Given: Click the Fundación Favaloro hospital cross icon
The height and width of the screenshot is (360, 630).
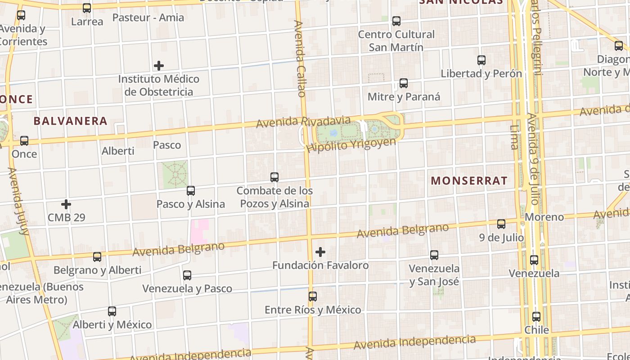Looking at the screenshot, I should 320,252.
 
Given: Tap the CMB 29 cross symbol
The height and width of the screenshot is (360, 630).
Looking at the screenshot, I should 66,204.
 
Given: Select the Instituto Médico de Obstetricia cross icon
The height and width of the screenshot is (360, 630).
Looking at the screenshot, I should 159,66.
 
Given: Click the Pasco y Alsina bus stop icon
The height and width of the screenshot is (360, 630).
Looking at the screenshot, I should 191,191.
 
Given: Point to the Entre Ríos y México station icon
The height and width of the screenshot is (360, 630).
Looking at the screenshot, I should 313,297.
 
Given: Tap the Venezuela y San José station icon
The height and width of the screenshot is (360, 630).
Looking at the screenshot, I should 434,255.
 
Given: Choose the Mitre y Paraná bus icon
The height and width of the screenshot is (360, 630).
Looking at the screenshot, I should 404,83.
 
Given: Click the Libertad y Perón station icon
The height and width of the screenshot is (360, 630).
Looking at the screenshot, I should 481,60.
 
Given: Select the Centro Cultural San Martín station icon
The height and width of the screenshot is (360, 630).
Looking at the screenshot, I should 396,21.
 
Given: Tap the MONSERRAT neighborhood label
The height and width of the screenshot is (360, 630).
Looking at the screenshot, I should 469,181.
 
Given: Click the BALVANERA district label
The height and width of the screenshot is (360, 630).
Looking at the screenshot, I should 71,121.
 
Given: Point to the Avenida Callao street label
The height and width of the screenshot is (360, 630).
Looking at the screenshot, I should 300,58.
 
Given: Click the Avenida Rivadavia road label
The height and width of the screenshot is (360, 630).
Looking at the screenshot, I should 303,122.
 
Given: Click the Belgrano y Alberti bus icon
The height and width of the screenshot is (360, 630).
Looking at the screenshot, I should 97,257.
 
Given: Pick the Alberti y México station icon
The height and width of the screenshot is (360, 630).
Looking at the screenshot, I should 112,311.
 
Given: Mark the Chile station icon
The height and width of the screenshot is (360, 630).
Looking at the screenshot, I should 536,317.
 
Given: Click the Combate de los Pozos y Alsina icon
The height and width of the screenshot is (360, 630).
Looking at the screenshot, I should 274,177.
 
